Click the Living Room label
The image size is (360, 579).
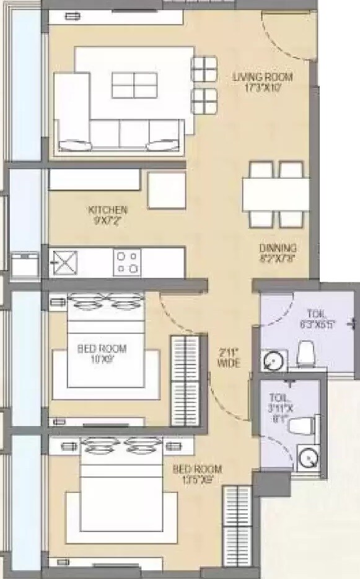(x=262, y=82)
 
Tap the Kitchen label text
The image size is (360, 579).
(x=108, y=214)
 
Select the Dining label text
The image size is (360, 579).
(x=278, y=254)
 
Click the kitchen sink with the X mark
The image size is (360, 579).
(x=64, y=261)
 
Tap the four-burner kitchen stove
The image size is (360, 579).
(x=127, y=262)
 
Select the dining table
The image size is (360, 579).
(x=276, y=194)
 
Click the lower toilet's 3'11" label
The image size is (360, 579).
(x=278, y=404)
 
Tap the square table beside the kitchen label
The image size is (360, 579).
(x=167, y=190)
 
